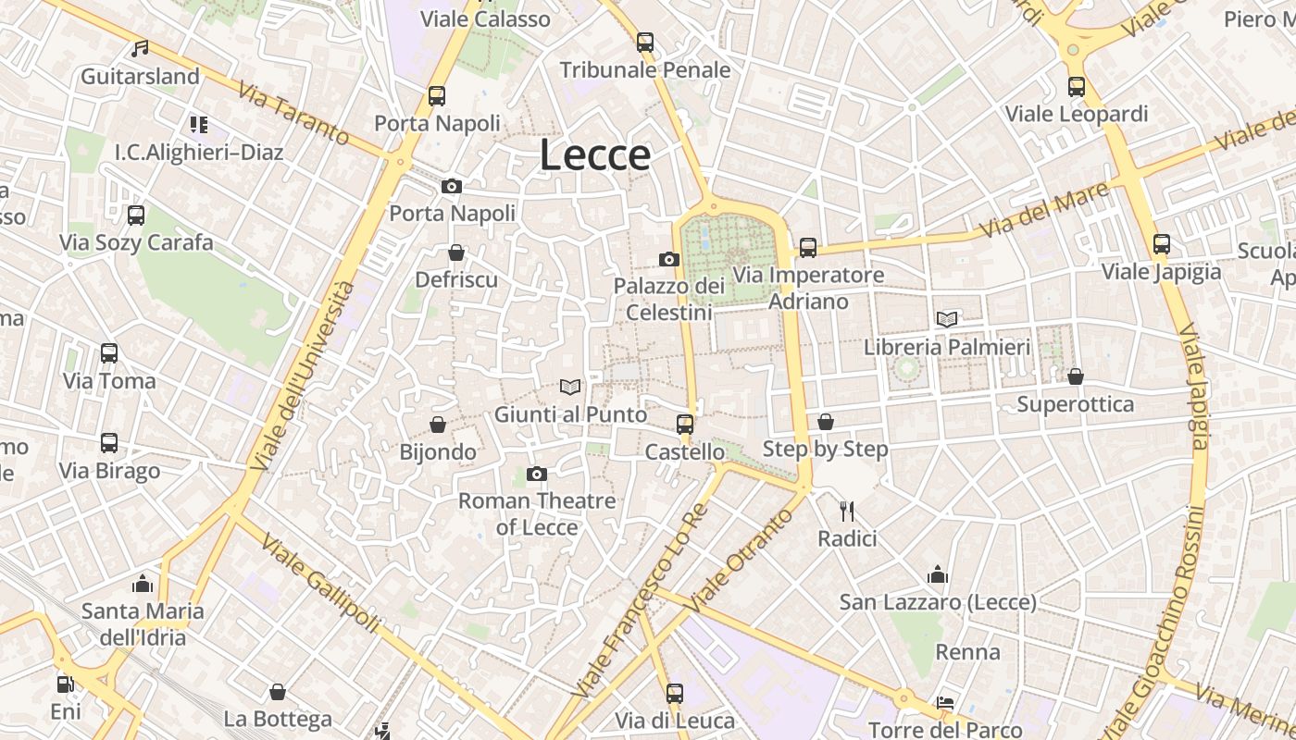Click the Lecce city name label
click(594, 154)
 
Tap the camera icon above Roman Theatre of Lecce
click(536, 475)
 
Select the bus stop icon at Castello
click(685, 425)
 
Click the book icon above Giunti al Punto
click(570, 388)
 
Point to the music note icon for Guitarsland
click(140, 48)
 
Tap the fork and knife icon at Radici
click(846, 511)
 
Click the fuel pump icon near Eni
click(65, 684)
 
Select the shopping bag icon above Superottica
click(1075, 376)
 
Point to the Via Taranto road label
click(293, 114)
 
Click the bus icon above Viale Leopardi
click(1076, 87)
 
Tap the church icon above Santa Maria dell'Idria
click(143, 584)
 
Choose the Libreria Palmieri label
click(946, 347)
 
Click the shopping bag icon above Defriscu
click(456, 253)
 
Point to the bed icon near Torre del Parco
click(944, 703)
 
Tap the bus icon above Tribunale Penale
click(645, 43)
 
